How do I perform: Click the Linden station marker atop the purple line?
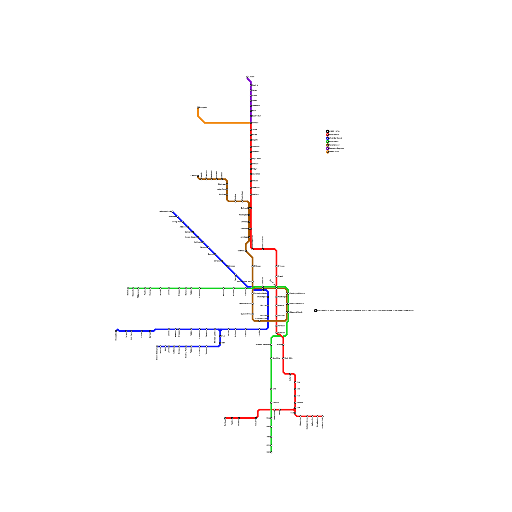[x=248, y=77]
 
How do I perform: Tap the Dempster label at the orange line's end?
[x=203, y=108]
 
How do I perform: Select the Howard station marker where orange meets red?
[x=251, y=123]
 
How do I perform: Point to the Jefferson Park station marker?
[x=172, y=212]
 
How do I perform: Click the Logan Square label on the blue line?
[x=191, y=237]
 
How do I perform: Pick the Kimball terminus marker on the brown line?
[x=198, y=176]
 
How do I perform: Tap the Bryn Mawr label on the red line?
[x=256, y=159]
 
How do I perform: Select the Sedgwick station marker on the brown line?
[x=246, y=251]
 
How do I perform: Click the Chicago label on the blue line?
[x=231, y=266]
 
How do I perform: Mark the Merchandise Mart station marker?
[x=252, y=282]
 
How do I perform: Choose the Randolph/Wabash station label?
[x=297, y=293]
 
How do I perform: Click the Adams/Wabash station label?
[x=296, y=312]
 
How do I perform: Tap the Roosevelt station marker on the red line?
[x=276, y=333]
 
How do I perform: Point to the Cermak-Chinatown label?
[x=262, y=345]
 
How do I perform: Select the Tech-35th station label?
[x=288, y=358]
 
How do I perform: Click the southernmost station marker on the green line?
[x=271, y=452]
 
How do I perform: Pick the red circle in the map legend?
[x=327, y=135]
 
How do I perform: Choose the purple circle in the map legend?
[x=327, y=148]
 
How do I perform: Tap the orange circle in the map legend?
[x=327, y=152]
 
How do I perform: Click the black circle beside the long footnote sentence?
[x=316, y=310]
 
